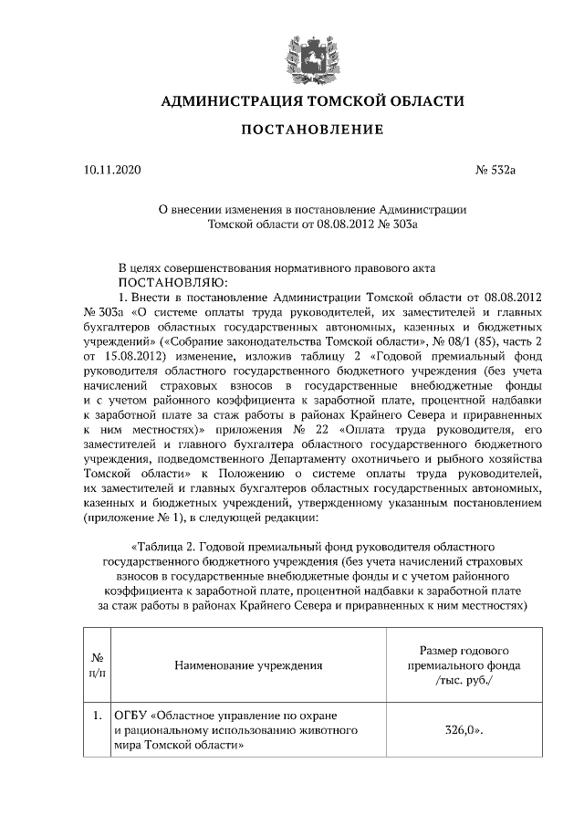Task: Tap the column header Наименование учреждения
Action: tap(248, 665)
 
